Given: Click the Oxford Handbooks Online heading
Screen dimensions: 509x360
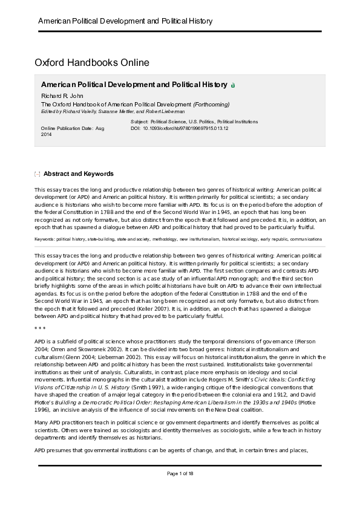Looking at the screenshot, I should [92, 62].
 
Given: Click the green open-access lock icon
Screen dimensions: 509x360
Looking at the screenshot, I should [234, 86].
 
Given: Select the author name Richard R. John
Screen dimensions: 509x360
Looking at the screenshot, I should [61, 96].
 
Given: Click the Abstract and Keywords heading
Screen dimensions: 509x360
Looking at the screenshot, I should [79, 174].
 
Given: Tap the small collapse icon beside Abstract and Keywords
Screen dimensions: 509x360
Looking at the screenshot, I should [38, 175].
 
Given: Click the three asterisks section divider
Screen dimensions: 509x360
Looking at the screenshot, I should [39, 327].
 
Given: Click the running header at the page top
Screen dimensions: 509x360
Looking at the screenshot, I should [125, 21].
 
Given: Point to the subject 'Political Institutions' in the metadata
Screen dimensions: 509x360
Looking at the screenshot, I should [237, 122].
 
